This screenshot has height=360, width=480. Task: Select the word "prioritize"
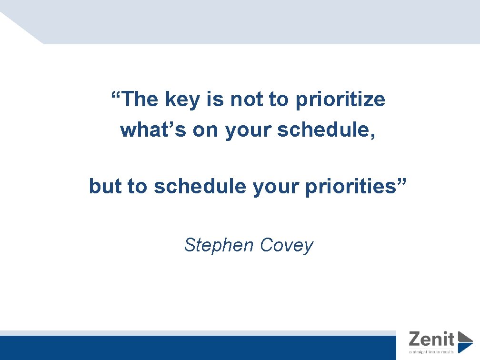pos(340,100)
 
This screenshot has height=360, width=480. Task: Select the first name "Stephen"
pos(219,245)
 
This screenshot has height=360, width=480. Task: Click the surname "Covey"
pos(287,246)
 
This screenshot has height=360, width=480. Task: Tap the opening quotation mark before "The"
pos(115,94)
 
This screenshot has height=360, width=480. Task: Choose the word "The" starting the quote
pos(140,100)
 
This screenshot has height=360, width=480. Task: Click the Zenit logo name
pos(431,339)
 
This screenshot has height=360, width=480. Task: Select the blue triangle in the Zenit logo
pos(464,342)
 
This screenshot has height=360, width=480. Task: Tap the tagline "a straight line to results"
pos(431,352)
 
